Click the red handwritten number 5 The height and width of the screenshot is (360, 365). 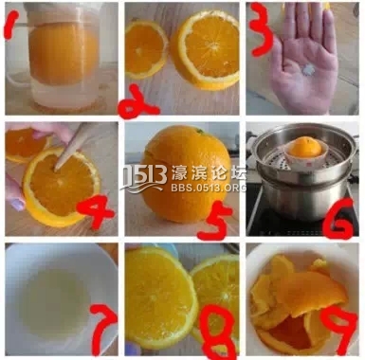point(216,222)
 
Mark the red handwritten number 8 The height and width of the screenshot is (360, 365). point(219,330)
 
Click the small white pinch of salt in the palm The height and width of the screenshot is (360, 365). point(306,68)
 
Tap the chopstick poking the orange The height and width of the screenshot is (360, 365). point(69,146)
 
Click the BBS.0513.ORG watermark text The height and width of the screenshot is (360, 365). point(209,188)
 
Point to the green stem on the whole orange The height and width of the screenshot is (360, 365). point(199,130)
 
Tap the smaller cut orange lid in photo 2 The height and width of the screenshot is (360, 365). point(147,49)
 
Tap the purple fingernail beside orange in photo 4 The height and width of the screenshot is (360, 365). point(17,206)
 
